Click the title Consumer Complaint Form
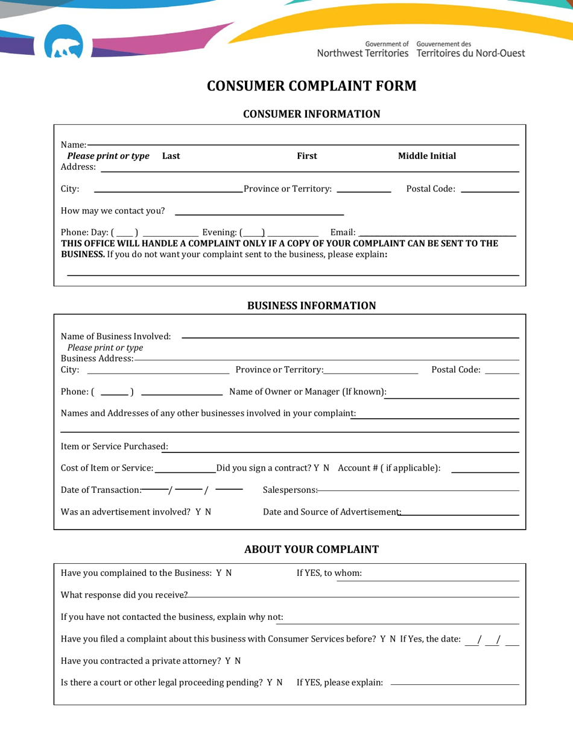click(311, 86)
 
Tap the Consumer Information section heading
click(311, 114)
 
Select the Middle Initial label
click(427, 156)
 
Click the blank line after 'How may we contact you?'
click(259, 211)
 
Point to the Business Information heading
click(311, 305)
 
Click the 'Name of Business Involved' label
click(116, 336)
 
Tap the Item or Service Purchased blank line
click(344, 448)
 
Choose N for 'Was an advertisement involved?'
click(208, 512)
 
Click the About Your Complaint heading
click(311, 549)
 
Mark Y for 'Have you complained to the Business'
click(219, 574)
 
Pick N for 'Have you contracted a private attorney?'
click(238, 661)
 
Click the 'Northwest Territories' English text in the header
click(362, 53)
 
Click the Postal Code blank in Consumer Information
click(489, 190)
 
